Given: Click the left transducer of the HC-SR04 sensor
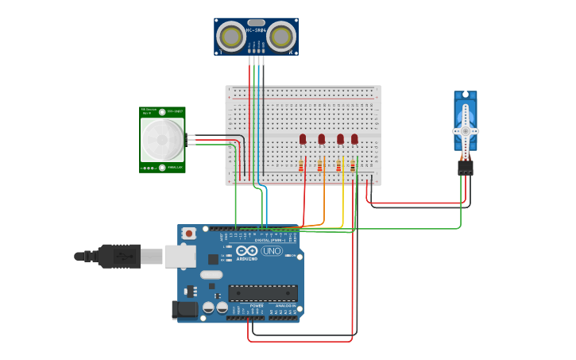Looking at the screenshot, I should (231, 36).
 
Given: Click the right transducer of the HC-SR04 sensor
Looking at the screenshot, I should (281, 36).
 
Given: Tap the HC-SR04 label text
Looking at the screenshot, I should (256, 30).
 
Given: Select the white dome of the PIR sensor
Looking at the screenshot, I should (162, 140).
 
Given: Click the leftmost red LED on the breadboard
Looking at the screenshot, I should (303, 139).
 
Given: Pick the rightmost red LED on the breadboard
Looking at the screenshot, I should (354, 139).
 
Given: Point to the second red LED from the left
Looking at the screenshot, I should (322, 139).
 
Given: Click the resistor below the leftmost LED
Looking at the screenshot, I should (301, 165).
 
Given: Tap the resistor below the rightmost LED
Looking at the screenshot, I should (353, 165).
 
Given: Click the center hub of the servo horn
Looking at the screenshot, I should (466, 130).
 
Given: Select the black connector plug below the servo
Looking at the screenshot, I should (466, 168).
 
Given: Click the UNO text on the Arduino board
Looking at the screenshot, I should (272, 251).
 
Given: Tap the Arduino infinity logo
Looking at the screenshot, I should (246, 251).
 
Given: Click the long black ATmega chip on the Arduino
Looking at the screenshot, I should (263, 292).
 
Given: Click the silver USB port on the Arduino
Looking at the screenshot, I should (180, 256).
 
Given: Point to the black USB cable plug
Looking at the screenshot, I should (120, 256).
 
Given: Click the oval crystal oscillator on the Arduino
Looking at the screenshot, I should (211, 275).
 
